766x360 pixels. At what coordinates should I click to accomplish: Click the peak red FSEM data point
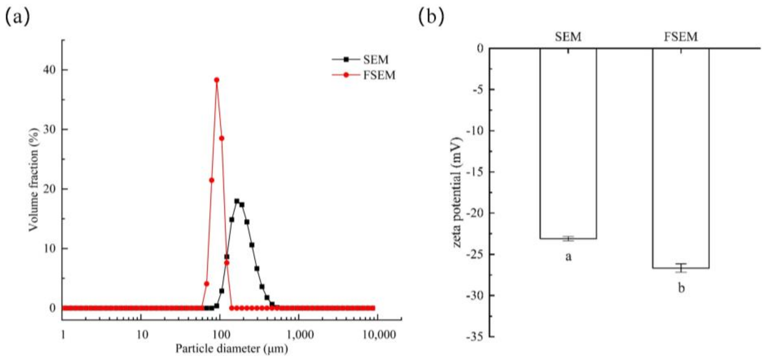217,80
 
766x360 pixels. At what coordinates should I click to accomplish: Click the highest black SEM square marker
237,201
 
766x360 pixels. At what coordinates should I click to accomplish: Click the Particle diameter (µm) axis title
231,349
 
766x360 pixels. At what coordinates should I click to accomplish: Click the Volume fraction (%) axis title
34,180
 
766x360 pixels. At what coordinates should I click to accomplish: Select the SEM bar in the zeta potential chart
568,143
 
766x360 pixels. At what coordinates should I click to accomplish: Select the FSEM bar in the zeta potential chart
681,158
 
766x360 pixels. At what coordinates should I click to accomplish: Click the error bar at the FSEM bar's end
681,268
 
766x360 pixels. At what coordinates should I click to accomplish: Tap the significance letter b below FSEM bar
681,288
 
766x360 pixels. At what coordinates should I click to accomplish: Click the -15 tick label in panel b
475,172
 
